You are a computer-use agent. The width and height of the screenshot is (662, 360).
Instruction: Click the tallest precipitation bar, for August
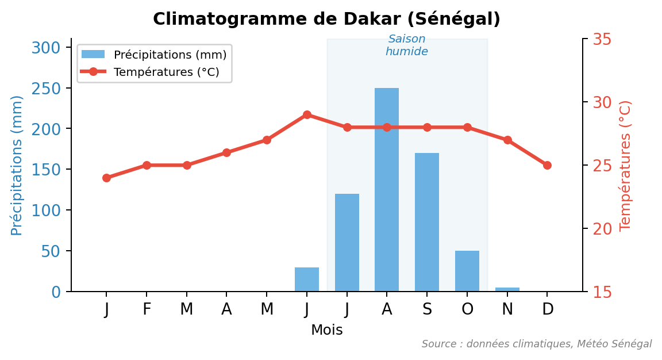pyautogui.click(x=387, y=190)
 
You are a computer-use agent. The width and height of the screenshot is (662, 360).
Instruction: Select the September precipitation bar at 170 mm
pyautogui.click(x=427, y=222)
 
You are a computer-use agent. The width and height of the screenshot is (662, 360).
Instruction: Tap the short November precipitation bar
pyautogui.click(x=507, y=289)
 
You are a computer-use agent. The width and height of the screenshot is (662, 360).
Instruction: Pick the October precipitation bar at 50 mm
pyautogui.click(x=467, y=271)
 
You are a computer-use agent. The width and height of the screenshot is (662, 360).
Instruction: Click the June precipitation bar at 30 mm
pyautogui.click(x=307, y=279)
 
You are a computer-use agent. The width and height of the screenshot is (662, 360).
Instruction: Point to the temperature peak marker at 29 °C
pyautogui.click(x=307, y=114)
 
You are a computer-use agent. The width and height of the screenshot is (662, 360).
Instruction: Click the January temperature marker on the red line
pyautogui.click(x=106, y=178)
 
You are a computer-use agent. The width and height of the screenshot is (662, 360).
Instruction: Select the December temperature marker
pyautogui.click(x=547, y=165)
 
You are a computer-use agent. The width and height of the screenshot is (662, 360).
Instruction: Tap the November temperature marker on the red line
pyautogui.click(x=507, y=140)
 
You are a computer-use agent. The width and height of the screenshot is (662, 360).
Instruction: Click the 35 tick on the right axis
pyautogui.click(x=602, y=39)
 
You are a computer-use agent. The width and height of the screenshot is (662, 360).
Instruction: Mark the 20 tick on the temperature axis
pyautogui.click(x=602, y=229)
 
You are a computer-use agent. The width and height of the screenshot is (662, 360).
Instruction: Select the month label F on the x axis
pyautogui.click(x=147, y=309)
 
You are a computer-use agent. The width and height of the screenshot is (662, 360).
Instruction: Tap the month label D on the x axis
pyautogui.click(x=548, y=309)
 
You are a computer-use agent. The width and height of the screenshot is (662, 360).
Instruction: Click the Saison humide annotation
pyautogui.click(x=407, y=45)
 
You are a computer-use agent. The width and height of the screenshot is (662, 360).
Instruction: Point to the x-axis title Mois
pyautogui.click(x=326, y=330)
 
